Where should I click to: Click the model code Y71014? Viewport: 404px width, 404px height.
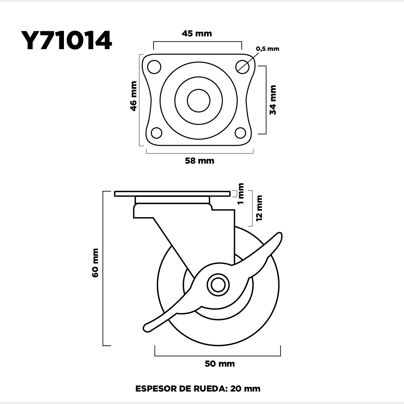[x=66, y=41]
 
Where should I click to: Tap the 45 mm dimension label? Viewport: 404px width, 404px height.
[x=197, y=34]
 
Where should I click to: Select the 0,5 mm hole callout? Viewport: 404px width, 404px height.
[x=268, y=49]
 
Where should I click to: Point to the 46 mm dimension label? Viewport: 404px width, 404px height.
[x=134, y=96]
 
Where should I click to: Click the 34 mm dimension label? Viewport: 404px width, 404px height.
[x=273, y=100]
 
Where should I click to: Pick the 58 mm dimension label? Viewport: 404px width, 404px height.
[x=200, y=161]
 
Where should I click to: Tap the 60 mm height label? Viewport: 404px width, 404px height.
[x=95, y=263]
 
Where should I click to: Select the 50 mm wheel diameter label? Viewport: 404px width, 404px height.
[x=220, y=364]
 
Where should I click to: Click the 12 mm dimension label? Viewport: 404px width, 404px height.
[x=259, y=208]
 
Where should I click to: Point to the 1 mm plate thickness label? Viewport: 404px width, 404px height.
[x=241, y=194]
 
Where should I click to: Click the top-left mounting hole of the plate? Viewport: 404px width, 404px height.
[x=154, y=67]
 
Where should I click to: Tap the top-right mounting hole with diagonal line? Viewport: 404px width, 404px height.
[x=242, y=67]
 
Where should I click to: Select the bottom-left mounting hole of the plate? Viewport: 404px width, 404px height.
[x=157, y=133]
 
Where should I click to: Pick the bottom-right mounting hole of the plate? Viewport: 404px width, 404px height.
[x=240, y=133]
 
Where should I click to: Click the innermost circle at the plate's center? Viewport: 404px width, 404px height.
[x=199, y=101]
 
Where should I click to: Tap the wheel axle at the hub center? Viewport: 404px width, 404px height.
[x=218, y=285]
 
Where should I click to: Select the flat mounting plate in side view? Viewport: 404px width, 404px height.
[x=172, y=194]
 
